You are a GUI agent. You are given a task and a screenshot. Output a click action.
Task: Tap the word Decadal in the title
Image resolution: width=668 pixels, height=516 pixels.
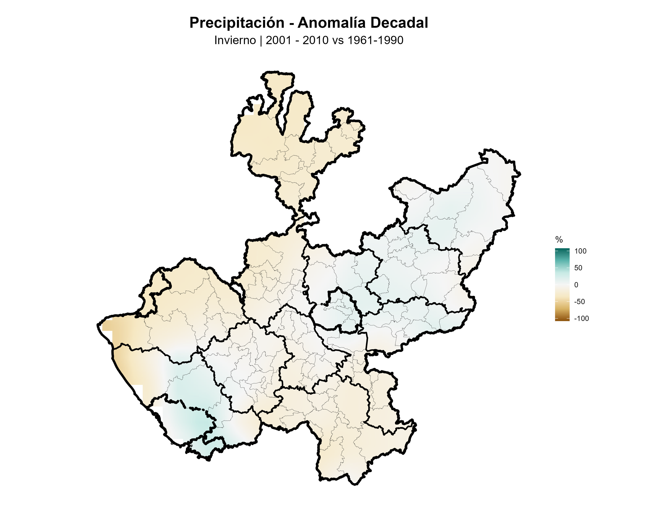tap(399, 23)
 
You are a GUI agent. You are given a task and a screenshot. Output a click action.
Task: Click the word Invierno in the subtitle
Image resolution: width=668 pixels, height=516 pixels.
tap(235, 40)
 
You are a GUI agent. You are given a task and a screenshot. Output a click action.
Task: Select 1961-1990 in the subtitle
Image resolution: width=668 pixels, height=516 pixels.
tap(375, 40)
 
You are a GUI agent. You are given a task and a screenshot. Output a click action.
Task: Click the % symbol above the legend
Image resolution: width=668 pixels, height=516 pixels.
tap(559, 240)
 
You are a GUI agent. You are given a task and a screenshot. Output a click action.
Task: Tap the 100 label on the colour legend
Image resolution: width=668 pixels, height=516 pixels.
tap(580, 251)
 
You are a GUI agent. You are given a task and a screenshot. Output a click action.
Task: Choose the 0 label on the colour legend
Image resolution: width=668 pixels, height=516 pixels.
tap(576, 285)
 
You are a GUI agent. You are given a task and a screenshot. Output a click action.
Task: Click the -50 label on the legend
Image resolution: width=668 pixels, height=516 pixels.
tap(579, 302)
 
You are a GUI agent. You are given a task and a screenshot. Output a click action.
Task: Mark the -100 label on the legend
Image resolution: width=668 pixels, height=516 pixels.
tap(581, 319)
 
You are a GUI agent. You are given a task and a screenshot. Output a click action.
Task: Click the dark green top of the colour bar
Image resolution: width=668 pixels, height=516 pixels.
tap(562, 250)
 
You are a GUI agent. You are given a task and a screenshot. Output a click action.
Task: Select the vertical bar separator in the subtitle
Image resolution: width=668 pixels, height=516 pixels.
tap(261, 40)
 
